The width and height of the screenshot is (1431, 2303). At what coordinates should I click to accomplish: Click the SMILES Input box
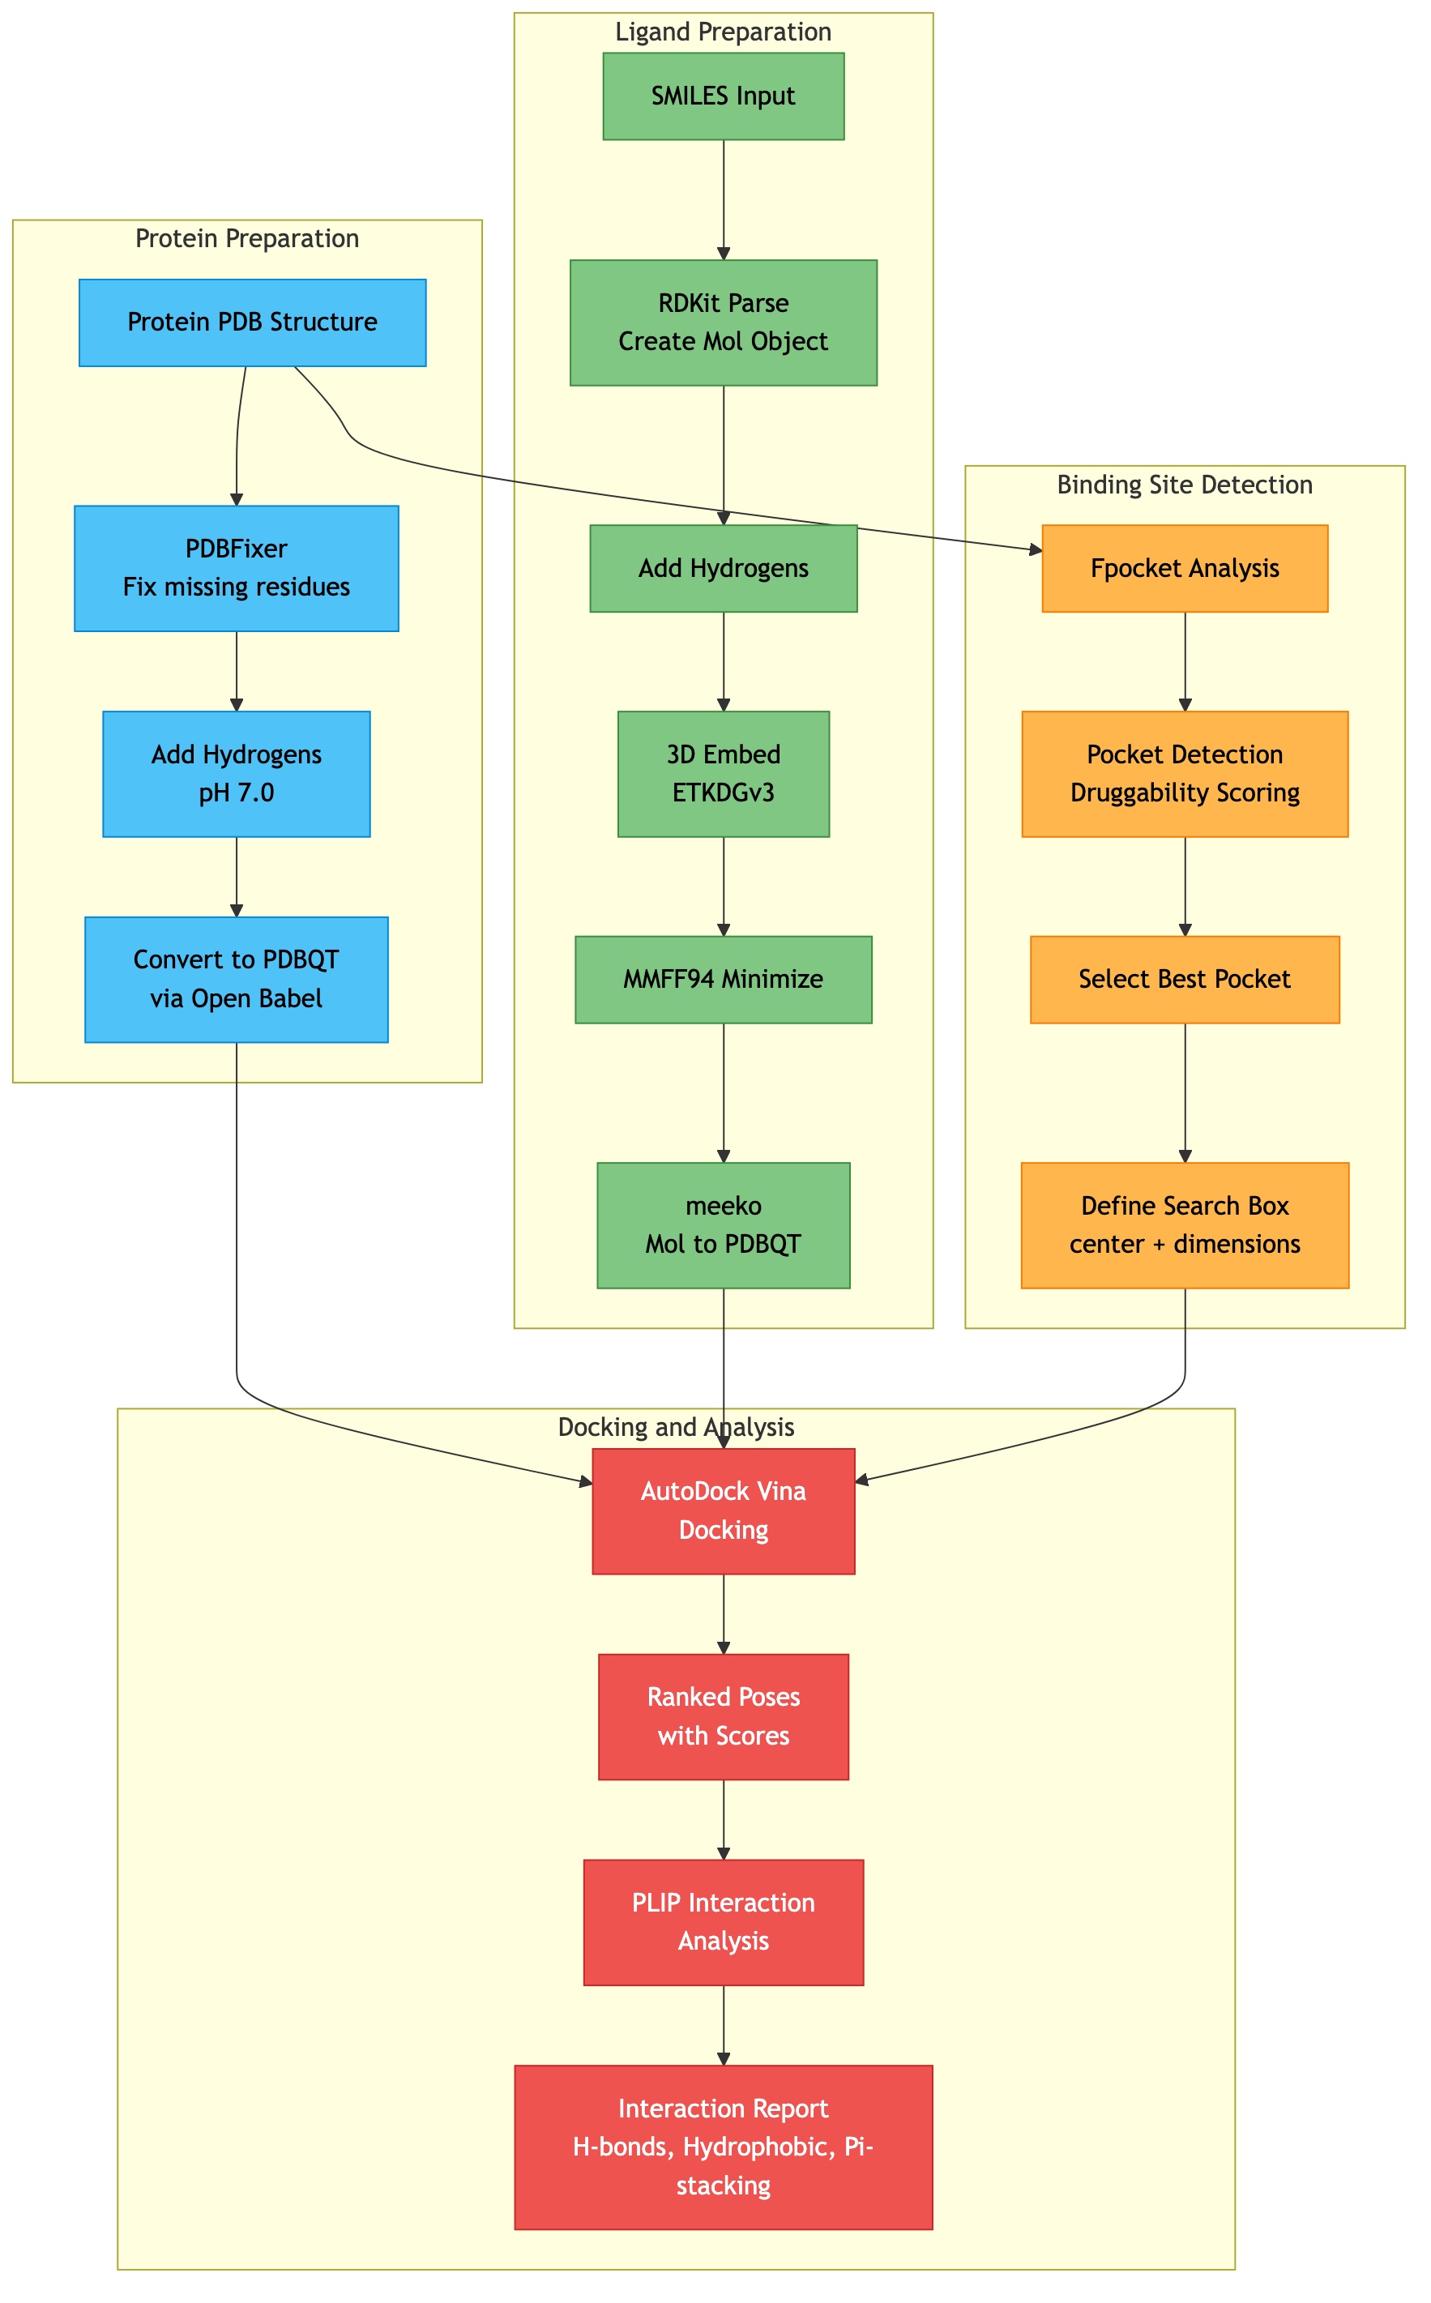click(x=723, y=96)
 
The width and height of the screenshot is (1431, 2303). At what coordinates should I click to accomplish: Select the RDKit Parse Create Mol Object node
click(x=723, y=323)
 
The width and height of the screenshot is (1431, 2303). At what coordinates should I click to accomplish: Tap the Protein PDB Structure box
click(x=252, y=323)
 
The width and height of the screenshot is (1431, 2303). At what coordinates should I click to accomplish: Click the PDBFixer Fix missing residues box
click(x=236, y=569)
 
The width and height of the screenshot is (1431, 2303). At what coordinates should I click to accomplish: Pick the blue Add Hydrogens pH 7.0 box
click(x=236, y=774)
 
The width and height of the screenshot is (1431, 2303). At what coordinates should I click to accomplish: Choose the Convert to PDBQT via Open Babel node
click(x=236, y=979)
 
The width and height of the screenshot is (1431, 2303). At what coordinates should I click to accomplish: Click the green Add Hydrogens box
click(x=723, y=569)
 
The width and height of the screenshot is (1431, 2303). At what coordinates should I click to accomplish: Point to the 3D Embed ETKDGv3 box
click(x=723, y=774)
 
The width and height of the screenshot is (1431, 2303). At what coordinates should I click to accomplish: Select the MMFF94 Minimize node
click(x=723, y=979)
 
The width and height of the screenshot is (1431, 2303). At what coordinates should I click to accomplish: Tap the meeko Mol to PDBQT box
click(x=723, y=1225)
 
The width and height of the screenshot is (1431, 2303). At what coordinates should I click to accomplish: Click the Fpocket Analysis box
click(x=1185, y=569)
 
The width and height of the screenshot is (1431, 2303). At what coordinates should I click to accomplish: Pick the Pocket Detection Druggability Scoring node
click(x=1185, y=774)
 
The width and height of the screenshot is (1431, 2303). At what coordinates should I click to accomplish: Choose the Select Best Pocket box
click(x=1185, y=979)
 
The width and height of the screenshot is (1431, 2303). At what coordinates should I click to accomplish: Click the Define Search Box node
click(x=1185, y=1225)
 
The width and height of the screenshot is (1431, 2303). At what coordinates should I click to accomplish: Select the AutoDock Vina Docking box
click(x=723, y=1511)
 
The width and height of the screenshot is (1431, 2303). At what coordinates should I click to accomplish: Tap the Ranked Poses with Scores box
click(x=723, y=1716)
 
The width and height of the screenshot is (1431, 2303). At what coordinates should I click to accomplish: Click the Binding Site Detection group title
click(x=1185, y=485)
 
